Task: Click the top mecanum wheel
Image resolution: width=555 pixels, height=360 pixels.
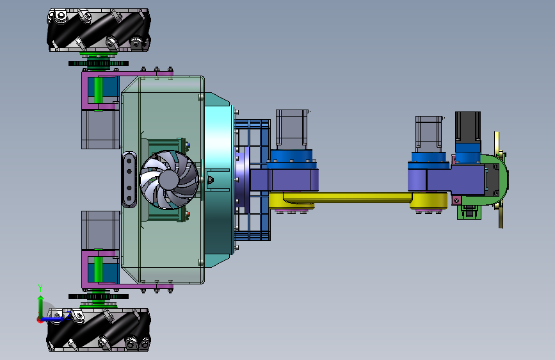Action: coord(99,31)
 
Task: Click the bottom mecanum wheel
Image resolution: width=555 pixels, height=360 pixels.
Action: coord(99,330)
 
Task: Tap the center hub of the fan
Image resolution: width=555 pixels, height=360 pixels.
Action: coord(170,180)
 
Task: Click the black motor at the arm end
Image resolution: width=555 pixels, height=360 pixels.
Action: coord(467,127)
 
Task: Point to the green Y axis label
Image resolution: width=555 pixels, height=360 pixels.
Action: coord(40,288)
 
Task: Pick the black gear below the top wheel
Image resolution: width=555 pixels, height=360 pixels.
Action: coord(99,64)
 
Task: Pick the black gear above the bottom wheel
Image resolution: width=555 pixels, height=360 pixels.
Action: coord(99,297)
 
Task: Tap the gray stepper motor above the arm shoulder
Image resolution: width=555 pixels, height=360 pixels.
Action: coord(292,129)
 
